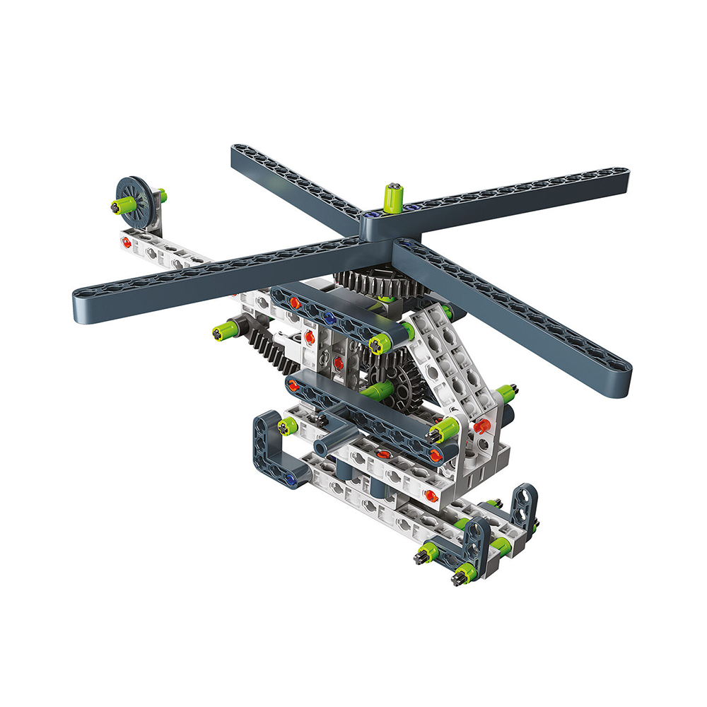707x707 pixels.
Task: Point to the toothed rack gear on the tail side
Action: [272, 350]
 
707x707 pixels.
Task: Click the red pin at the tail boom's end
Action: [126, 242]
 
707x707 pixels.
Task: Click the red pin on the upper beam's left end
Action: [293, 303]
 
